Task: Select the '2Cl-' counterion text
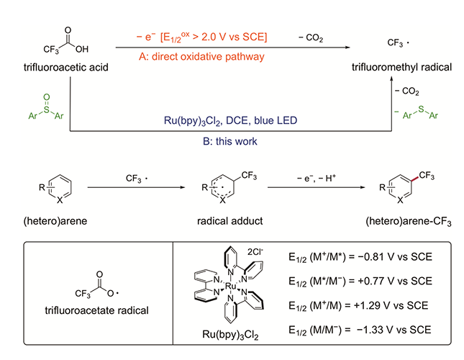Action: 255,251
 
